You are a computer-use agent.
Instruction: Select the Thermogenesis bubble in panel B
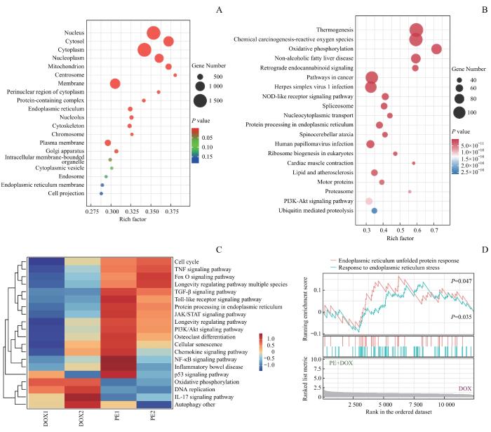click(417, 30)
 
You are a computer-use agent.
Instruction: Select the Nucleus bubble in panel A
click(153, 32)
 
